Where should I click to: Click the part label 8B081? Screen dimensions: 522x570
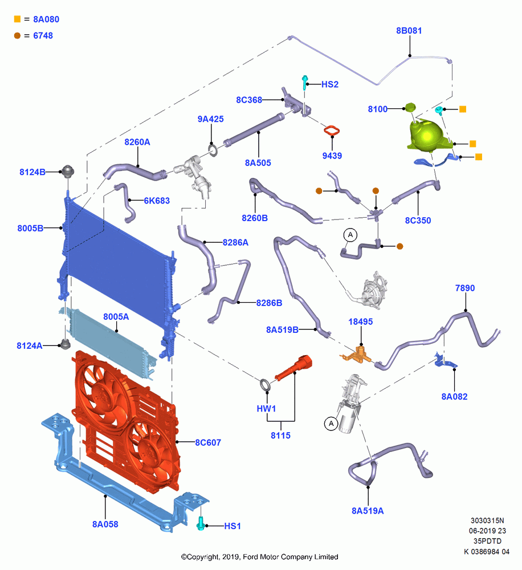[x=409, y=31]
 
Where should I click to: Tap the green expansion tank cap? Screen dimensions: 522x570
[x=410, y=107]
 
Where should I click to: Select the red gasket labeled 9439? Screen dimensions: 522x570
[x=332, y=131]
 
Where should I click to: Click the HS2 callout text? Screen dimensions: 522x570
[x=330, y=84]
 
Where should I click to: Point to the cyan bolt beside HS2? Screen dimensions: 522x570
[x=305, y=82]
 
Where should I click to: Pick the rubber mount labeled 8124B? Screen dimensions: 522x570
[x=68, y=171]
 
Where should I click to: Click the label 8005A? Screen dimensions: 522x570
[x=116, y=316]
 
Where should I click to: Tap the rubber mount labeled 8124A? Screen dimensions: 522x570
[x=65, y=344]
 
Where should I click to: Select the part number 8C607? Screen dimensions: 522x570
[x=208, y=442]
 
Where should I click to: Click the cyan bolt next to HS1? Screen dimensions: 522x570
[x=200, y=523]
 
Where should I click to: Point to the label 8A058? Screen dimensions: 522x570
[x=105, y=524]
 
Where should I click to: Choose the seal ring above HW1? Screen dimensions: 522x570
[x=265, y=385]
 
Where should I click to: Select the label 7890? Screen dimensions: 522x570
[x=465, y=288]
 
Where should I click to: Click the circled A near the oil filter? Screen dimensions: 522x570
[x=331, y=424]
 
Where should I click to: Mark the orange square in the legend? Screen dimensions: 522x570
[x=17, y=19]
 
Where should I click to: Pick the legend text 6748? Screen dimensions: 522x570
[x=43, y=35]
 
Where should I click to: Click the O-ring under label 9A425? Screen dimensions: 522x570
[x=213, y=150]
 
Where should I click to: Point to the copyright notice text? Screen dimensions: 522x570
[x=259, y=557]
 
